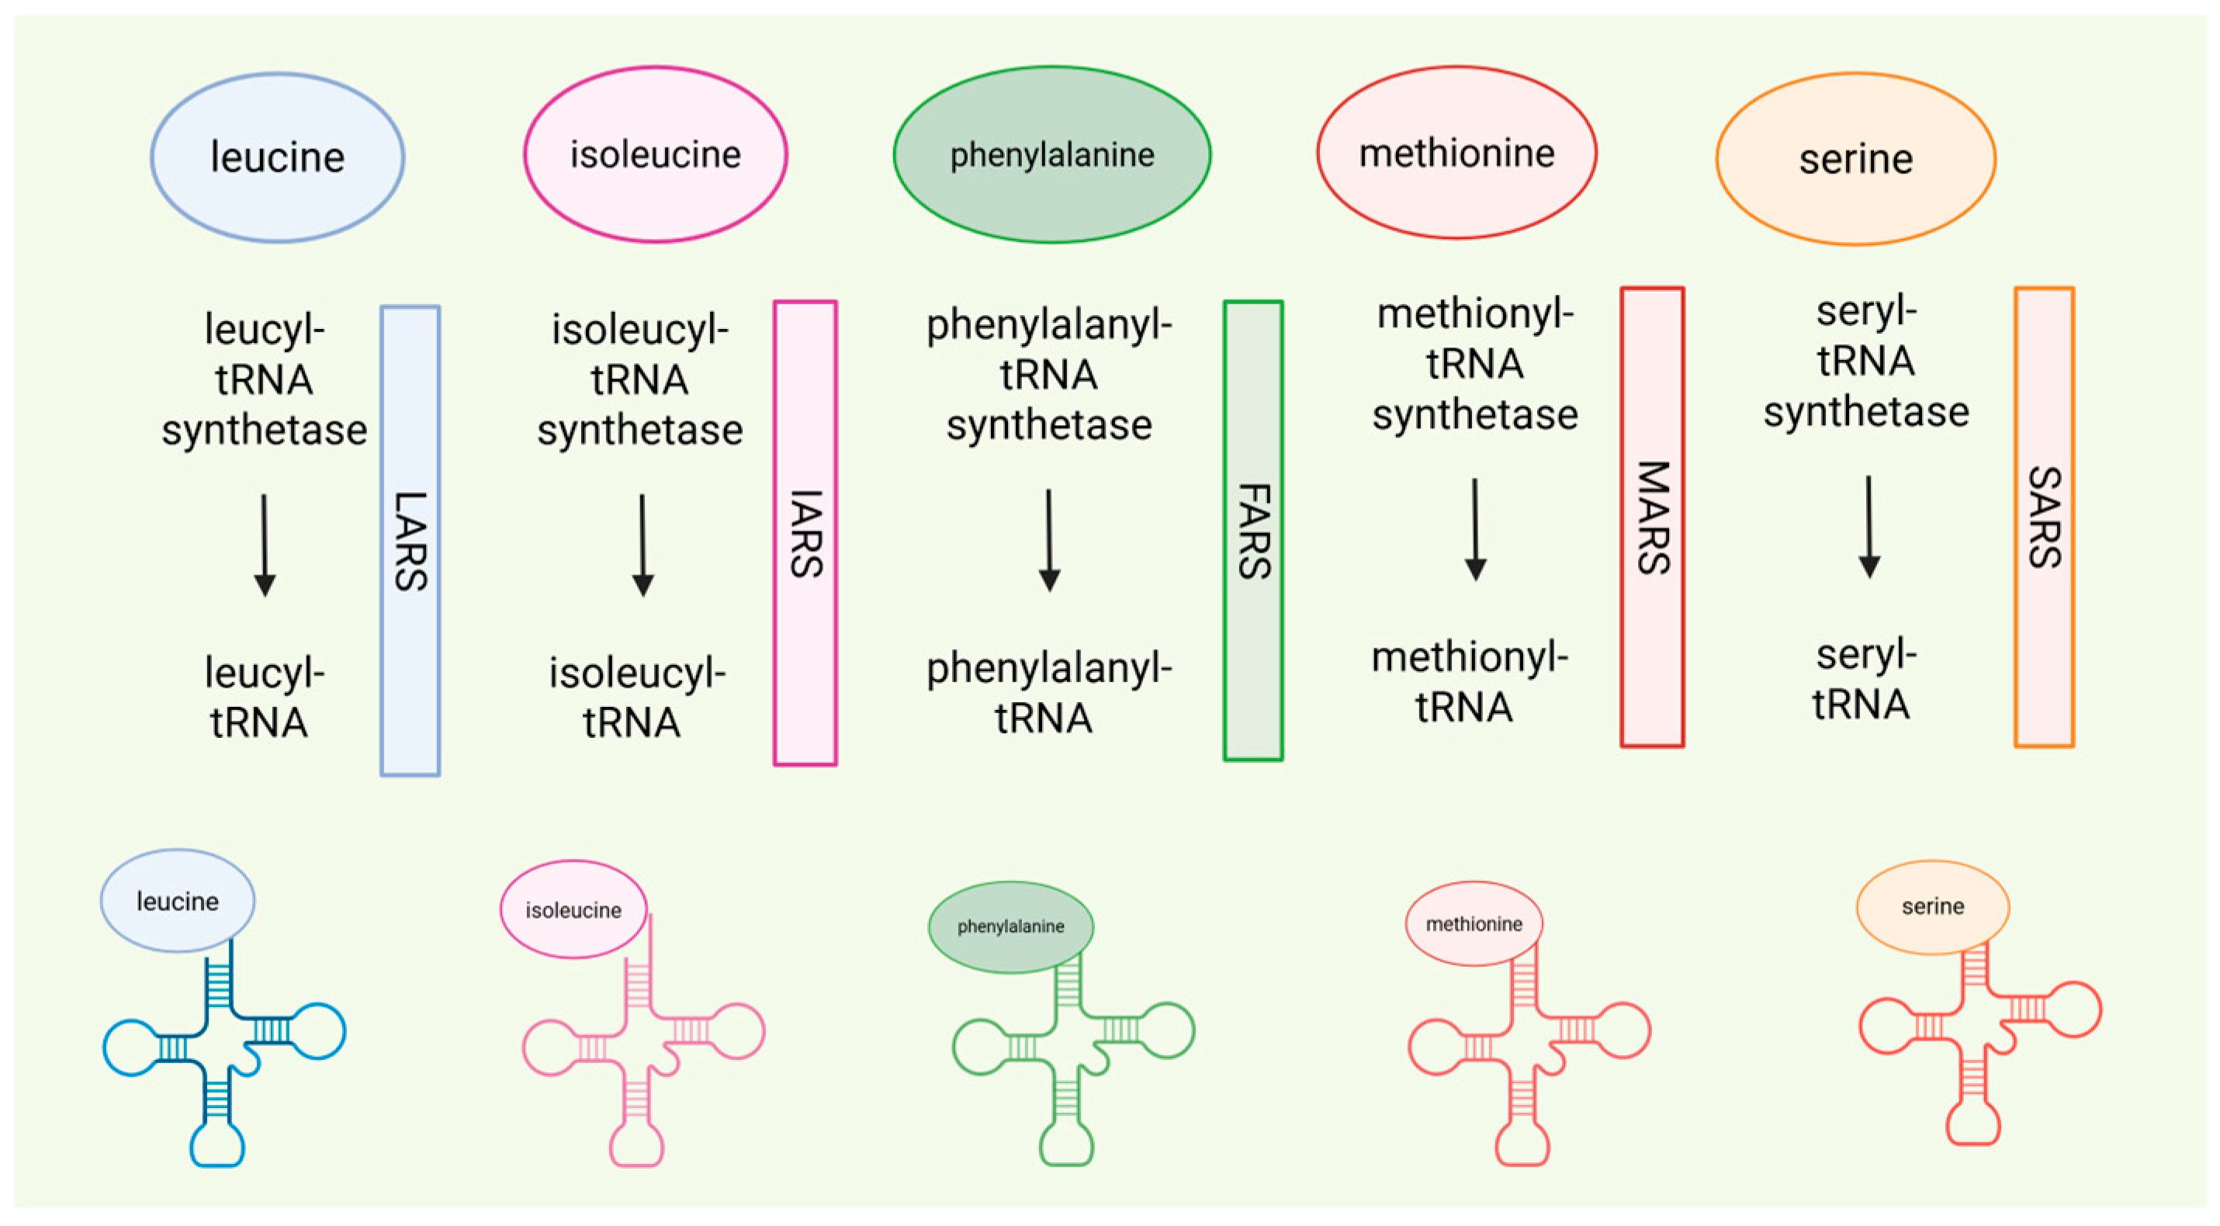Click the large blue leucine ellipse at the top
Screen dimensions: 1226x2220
point(278,157)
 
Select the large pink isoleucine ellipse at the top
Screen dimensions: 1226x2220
point(655,154)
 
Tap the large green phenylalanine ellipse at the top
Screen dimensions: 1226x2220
point(1051,154)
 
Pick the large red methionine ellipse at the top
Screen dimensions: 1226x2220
point(1456,153)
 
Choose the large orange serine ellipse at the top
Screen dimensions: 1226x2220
point(1855,158)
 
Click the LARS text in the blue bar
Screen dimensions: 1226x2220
point(410,541)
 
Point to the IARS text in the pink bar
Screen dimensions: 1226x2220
point(805,533)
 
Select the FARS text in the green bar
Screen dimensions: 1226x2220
point(1254,531)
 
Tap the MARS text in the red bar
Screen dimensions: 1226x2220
point(1652,518)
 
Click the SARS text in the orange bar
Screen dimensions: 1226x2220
point(2044,517)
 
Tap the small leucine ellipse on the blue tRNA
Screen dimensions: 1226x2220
point(178,900)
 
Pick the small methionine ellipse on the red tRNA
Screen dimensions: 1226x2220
point(1473,923)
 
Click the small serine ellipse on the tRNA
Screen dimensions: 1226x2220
point(1932,906)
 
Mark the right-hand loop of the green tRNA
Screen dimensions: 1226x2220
point(1167,1030)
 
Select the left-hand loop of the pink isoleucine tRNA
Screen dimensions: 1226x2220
point(550,1048)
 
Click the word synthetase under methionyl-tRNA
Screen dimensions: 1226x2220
point(1474,415)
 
